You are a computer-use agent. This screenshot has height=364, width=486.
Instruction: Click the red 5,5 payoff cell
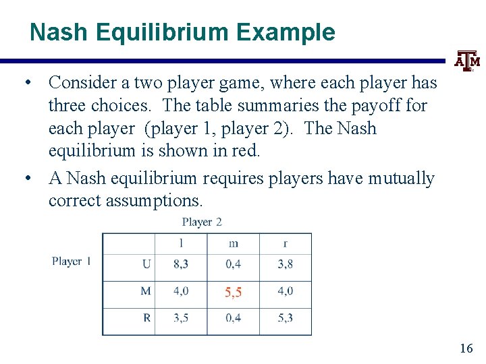pos(233,292)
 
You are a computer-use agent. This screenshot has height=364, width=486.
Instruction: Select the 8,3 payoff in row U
pos(181,264)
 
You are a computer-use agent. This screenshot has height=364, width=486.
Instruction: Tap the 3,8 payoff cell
pos(285,264)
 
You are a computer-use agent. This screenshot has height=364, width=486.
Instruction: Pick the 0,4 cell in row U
pos(233,264)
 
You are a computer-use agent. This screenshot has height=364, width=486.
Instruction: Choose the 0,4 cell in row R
pos(233,317)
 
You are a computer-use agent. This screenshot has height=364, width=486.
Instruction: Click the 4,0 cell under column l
pos(181,291)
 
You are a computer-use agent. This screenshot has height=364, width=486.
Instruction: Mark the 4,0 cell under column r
pos(285,291)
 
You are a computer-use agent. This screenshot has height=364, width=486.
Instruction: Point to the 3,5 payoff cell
pos(181,317)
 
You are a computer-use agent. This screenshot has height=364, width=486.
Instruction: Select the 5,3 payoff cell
pos(285,317)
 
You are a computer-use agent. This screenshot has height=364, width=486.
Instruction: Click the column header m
pos(233,243)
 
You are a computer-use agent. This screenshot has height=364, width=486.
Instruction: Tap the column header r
pos(285,243)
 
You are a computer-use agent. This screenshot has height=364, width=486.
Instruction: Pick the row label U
pos(146,264)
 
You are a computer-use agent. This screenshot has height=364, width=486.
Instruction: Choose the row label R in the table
pos(146,317)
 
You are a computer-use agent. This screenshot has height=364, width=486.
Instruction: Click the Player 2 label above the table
pos(202,222)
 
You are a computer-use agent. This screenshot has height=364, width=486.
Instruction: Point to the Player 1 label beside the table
pos(72,261)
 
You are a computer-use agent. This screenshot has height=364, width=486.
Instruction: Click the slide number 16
pos(466,348)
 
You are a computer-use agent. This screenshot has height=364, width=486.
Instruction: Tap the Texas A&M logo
pos(466,61)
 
